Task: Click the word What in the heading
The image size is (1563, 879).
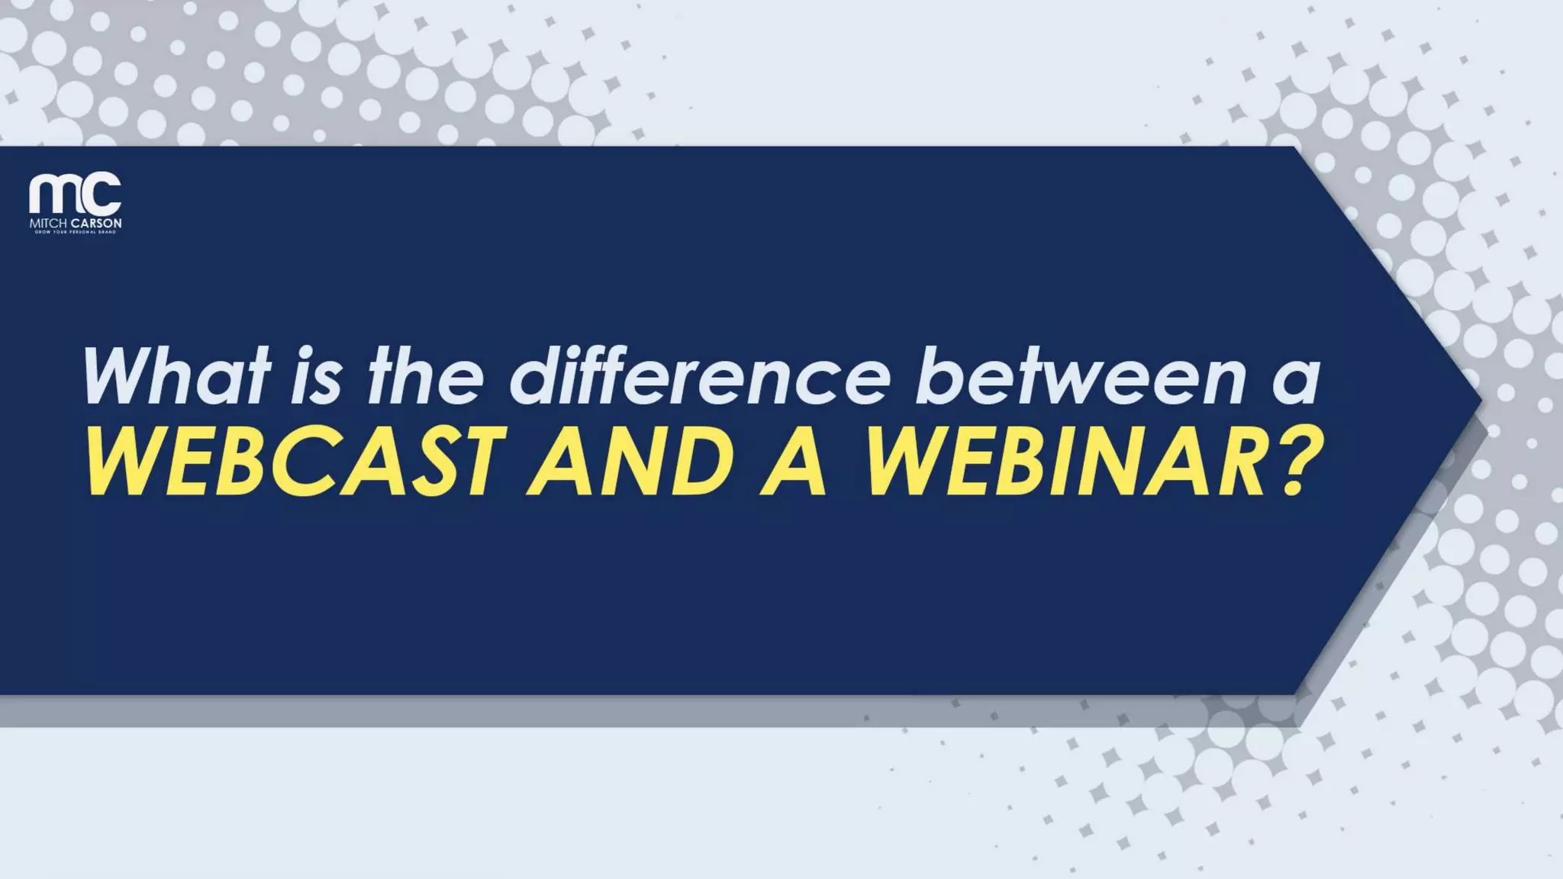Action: [x=176, y=376]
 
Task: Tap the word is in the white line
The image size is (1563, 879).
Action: [x=316, y=376]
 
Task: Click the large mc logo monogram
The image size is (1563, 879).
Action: [x=75, y=194]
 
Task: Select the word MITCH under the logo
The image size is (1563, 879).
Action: [x=49, y=224]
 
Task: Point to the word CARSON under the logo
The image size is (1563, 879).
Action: [x=96, y=224]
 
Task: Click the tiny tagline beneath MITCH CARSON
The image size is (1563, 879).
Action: [x=75, y=232]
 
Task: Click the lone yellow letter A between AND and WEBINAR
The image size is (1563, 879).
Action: [x=794, y=462]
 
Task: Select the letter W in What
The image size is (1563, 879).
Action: [x=121, y=376]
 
